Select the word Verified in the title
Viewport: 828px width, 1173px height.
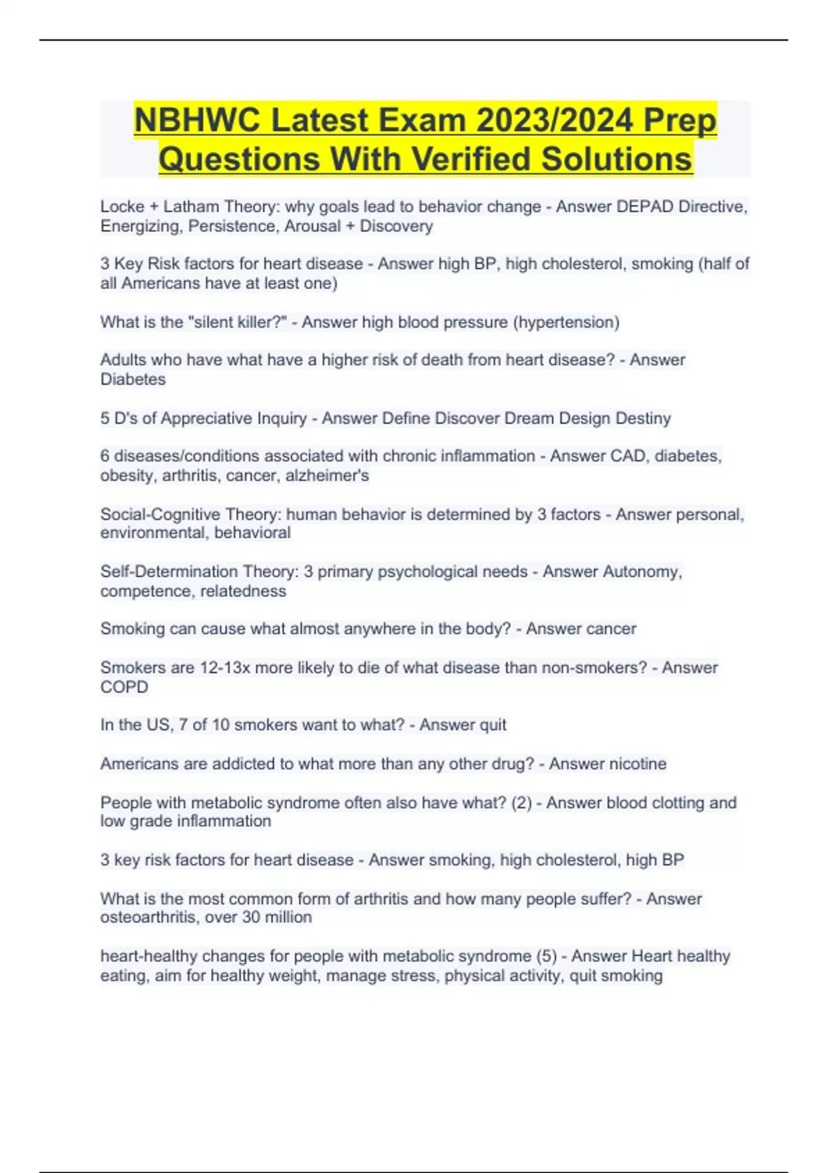(471, 159)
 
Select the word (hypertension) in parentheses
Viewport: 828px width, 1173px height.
(566, 322)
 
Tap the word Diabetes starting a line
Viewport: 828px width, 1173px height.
(132, 379)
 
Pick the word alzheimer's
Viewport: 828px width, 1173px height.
(327, 475)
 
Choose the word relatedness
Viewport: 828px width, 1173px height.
(242, 591)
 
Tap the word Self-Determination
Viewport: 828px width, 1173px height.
(160, 571)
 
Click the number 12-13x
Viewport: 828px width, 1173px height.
(225, 667)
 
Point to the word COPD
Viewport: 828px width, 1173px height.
(124, 687)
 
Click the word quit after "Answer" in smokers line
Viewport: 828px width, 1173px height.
(493, 724)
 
